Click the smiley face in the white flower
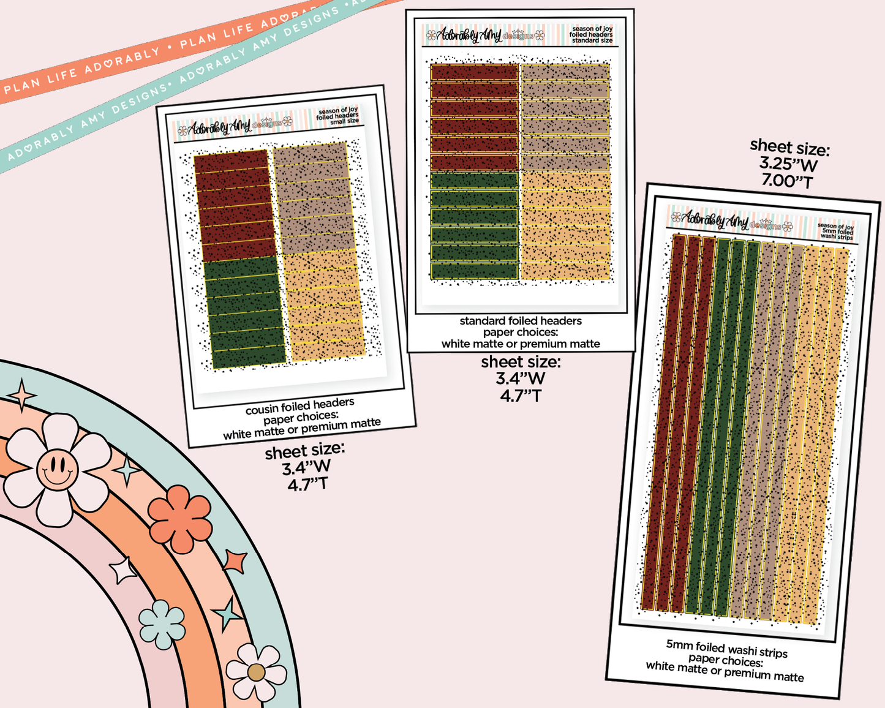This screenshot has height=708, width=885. click(x=57, y=469)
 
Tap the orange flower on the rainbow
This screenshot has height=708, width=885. click(x=180, y=519)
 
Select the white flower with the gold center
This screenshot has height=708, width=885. click(x=256, y=672)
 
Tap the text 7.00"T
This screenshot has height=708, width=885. click(x=787, y=181)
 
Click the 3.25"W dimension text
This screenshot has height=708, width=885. click(x=788, y=164)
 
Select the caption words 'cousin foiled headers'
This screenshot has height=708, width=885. click(x=299, y=405)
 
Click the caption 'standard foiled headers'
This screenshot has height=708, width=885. click(x=521, y=321)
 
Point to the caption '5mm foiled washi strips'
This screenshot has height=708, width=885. click(x=726, y=649)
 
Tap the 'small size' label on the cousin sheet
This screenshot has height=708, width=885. click(x=344, y=121)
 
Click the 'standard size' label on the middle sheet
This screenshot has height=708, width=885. click(x=592, y=40)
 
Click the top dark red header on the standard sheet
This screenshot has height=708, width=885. click(x=474, y=72)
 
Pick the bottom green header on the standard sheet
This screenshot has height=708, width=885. click(x=474, y=271)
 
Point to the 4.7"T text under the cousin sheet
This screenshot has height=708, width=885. click(x=307, y=484)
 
